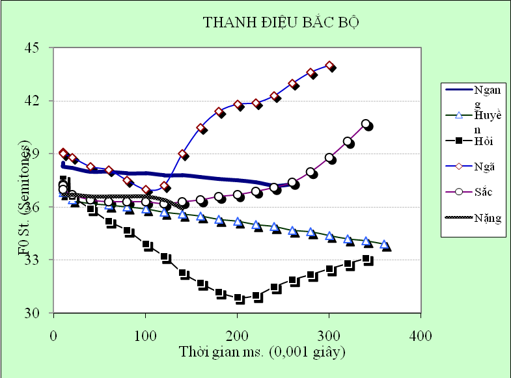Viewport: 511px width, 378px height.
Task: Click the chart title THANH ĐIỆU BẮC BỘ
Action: pos(281,23)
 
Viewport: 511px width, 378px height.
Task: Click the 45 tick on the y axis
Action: pos(32,48)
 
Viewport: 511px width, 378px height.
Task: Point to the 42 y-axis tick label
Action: pos(32,101)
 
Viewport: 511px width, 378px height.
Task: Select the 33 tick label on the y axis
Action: pos(32,260)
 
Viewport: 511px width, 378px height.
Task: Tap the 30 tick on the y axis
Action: pos(32,314)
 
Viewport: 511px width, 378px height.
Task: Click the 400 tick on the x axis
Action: pos(421,336)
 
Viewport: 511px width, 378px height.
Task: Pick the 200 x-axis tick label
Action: pos(237,336)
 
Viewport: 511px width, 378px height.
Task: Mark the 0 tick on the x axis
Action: pos(53,336)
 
